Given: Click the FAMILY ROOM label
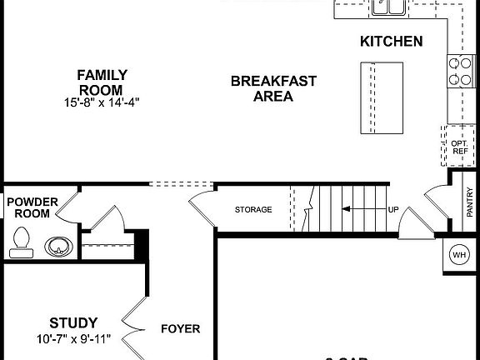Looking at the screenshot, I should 100,82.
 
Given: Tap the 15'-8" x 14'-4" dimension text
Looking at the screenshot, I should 100,102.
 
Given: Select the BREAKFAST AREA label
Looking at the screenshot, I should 273,87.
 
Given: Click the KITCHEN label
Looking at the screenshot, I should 391,41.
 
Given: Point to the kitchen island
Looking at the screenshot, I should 377,97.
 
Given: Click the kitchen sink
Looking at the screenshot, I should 389,7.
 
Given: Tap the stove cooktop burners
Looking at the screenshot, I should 459,72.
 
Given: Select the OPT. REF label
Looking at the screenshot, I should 459,147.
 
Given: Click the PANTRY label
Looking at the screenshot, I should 470,202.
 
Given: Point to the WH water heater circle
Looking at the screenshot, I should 459,255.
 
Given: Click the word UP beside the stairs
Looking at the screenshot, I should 393,209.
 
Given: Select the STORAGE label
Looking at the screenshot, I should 252,209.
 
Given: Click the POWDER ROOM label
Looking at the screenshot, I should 32,207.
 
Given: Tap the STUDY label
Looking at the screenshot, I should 73,322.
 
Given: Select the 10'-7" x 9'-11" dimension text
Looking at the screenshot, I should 73,339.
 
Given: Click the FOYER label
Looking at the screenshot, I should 180,328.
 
